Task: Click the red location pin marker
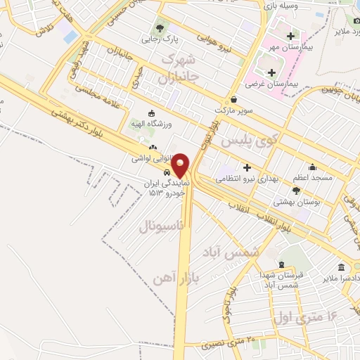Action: coord(181,165)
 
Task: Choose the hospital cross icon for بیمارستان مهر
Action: coord(290,36)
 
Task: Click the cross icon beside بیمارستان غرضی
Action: coord(271,72)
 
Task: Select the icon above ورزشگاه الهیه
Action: coord(150,112)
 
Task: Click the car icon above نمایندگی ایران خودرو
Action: coord(166,172)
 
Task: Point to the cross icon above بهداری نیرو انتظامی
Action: coord(246,167)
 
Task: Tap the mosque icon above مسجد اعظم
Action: coord(312,167)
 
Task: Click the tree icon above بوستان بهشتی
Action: coord(296,190)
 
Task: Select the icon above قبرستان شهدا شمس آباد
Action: coord(282,265)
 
